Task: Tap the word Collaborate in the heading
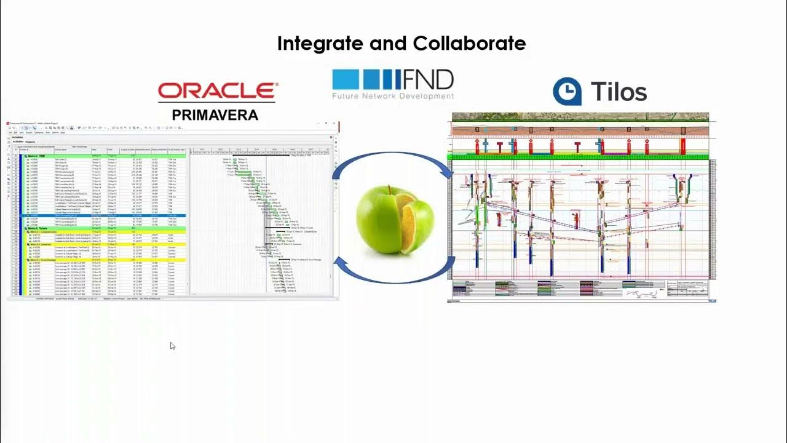[469, 44]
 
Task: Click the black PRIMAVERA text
[215, 115]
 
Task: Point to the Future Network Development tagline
[393, 96]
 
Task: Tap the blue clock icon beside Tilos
[567, 92]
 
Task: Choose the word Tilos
[619, 92]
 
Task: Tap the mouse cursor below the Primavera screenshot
[172, 346]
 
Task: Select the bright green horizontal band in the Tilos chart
[578, 158]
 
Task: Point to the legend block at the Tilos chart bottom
[578, 289]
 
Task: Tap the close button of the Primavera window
[335, 124]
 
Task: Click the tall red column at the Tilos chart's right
[682, 146]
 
